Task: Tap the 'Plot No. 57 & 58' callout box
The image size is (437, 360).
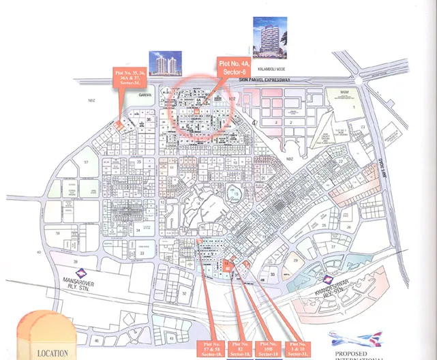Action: click(208, 348)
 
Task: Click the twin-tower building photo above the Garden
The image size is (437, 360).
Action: click(165, 65)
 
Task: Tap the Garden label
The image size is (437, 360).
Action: click(144, 95)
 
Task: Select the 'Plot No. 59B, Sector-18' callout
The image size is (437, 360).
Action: click(269, 348)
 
